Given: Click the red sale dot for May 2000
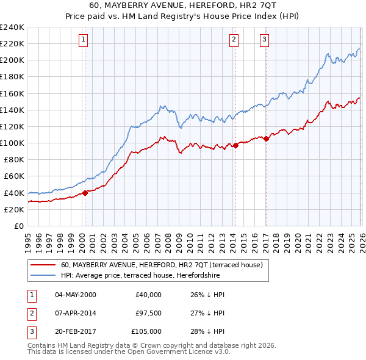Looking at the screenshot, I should tap(85, 193).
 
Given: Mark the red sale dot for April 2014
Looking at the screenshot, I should tap(235, 145).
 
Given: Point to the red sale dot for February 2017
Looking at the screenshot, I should tap(267, 139).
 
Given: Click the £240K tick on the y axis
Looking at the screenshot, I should tap(12, 27).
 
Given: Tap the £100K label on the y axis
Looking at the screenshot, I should tap(12, 143).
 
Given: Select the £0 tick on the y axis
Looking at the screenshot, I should tap(18, 226).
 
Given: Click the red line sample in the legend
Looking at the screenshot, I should tap(43, 265).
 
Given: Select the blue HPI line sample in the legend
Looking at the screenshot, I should tap(43, 275).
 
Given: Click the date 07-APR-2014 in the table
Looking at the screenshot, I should tap(76, 313).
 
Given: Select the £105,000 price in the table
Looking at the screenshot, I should tap(146, 331).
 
